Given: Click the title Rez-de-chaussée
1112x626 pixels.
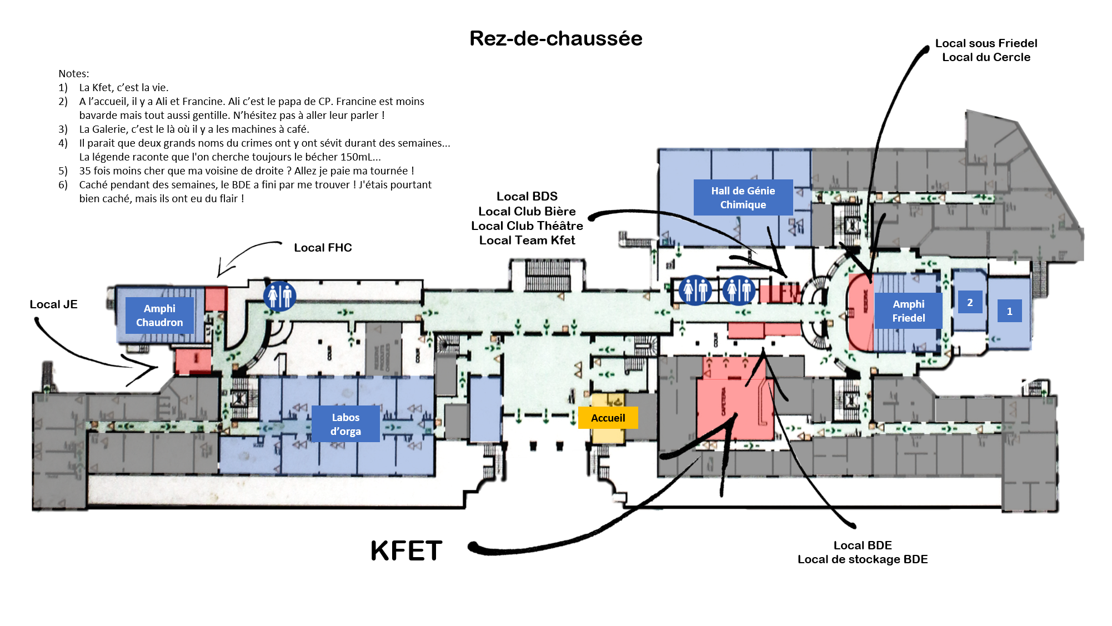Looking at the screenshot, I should pos(555,38).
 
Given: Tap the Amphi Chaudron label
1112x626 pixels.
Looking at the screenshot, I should pos(159,315).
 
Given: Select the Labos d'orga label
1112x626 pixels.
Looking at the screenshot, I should pos(345,424).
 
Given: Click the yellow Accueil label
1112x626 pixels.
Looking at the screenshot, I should pos(608,418).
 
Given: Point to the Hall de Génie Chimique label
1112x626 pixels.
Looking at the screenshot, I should pos(743,197).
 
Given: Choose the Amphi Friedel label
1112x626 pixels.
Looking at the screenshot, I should pos(908,311).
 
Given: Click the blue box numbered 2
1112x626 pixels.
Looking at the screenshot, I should pos(970,303).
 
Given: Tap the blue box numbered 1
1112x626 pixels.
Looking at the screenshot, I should pos(1009,312).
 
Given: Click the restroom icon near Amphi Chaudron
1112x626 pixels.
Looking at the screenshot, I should pos(279,296).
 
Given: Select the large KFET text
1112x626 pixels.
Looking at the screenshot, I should pos(406,551).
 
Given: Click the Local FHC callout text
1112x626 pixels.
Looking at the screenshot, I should pos(323,248).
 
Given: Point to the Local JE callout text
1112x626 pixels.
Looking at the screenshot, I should pos(53,304).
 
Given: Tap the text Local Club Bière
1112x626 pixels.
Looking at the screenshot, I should pos(527,212).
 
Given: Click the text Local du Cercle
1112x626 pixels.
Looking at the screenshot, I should pos(986,57).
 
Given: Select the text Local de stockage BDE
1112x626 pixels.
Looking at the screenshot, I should pos(862,559).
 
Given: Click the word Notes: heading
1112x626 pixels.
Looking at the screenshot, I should pos(73,73).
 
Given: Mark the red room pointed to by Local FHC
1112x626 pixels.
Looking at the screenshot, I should pos(216,299).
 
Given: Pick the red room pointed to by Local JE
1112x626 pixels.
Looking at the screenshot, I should pos(193,360).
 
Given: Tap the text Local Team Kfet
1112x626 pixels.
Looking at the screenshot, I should pos(527,241).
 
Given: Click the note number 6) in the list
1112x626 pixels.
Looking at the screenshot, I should pos(63,185).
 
